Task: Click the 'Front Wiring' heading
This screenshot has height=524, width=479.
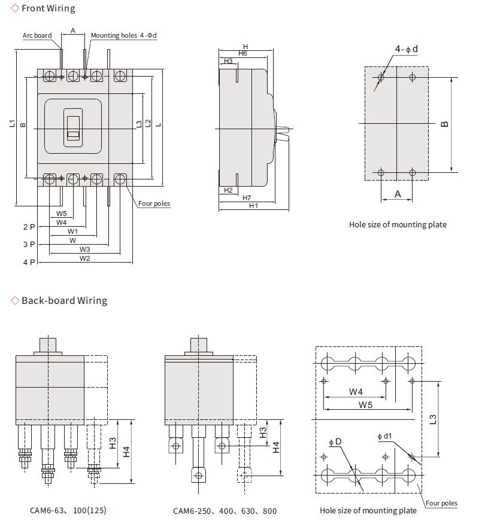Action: point(48,8)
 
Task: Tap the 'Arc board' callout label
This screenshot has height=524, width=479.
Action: point(37,35)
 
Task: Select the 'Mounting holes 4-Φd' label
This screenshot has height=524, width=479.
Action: point(123,35)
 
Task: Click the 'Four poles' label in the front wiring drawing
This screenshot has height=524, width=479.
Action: point(154,203)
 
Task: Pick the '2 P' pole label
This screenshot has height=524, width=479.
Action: point(29,227)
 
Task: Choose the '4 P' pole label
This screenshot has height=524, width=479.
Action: point(29,262)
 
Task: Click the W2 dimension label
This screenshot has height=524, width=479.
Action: point(84,258)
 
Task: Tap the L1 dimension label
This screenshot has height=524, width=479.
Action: point(12,124)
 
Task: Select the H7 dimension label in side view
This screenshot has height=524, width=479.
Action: point(247,197)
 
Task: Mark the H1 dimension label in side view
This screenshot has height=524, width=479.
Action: point(253,205)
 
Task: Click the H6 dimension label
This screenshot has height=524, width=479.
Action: point(242,53)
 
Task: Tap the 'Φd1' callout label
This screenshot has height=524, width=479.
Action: point(385,436)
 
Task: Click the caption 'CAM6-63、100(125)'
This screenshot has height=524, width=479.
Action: point(68,511)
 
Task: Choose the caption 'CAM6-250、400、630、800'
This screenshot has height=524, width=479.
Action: point(225,511)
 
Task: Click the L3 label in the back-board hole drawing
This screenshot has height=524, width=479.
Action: point(433,419)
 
